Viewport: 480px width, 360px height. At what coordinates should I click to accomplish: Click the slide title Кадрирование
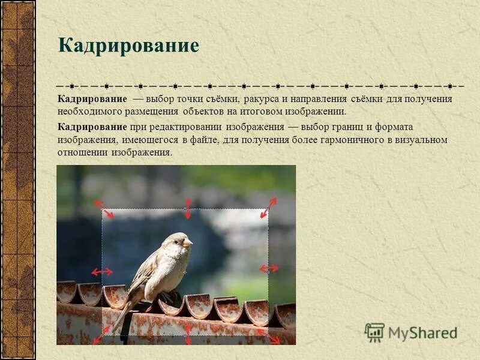tap(128, 46)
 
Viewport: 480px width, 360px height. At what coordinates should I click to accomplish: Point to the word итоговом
tap(278, 112)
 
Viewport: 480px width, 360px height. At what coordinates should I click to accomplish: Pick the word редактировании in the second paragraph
tap(185, 127)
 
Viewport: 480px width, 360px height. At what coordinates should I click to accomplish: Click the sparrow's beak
tap(188, 243)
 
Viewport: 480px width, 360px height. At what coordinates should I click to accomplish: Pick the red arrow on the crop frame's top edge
tap(188, 208)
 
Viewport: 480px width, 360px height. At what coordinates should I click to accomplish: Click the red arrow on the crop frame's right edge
tap(268, 268)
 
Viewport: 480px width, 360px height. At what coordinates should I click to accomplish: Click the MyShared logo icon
tap(375, 332)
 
